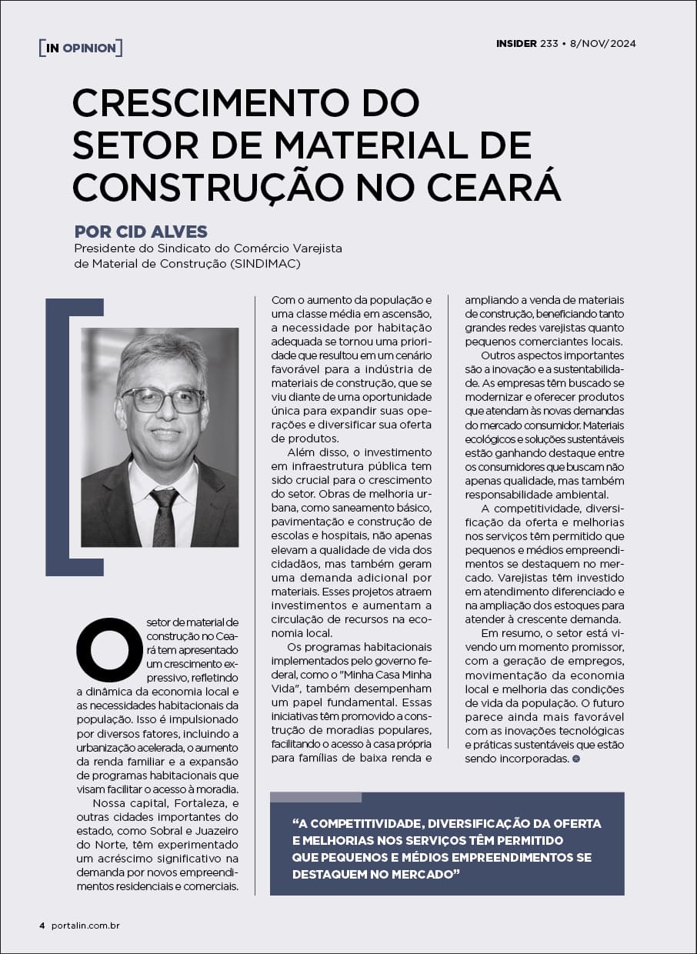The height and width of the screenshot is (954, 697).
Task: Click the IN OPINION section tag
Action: (81, 48)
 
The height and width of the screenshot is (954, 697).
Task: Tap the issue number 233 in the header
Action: (549, 44)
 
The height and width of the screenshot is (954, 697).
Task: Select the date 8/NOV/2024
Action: (602, 44)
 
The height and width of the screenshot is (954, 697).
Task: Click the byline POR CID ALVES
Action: (141, 232)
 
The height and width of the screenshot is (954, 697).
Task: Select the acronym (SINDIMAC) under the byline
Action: (264, 264)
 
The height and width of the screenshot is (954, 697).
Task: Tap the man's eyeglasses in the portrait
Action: (162, 400)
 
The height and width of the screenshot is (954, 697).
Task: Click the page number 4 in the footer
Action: (42, 925)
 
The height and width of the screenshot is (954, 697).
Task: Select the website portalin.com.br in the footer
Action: (85, 925)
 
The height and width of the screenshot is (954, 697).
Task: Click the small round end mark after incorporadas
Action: (576, 759)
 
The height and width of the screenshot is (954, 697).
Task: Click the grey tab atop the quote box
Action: (315, 797)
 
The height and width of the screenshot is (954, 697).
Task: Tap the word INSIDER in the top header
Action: (516, 44)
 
